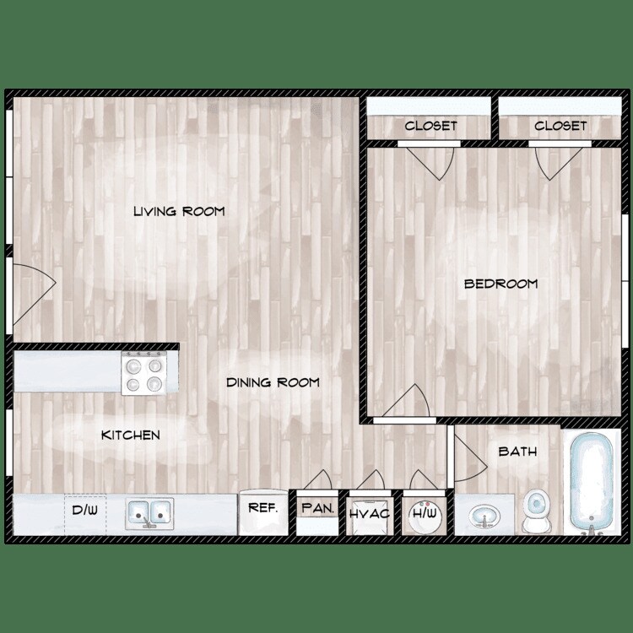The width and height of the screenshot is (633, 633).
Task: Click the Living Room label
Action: [179, 211]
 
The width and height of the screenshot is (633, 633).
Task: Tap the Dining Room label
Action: [273, 382]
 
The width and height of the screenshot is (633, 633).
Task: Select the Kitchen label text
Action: [131, 435]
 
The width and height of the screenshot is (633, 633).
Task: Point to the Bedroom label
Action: [500, 284]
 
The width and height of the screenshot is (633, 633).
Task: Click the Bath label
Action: [517, 452]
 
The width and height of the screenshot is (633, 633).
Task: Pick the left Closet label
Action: [430, 126]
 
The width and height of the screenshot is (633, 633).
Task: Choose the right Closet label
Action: [560, 126]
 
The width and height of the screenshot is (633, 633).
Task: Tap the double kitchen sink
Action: [149, 512]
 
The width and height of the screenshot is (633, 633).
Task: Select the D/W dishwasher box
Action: [85, 512]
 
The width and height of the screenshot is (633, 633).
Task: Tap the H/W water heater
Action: [421, 512]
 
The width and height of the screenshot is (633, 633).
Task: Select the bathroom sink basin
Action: [483, 515]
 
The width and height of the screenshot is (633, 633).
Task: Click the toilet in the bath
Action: [535, 511]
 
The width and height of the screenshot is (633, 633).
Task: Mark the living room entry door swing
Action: [34, 283]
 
